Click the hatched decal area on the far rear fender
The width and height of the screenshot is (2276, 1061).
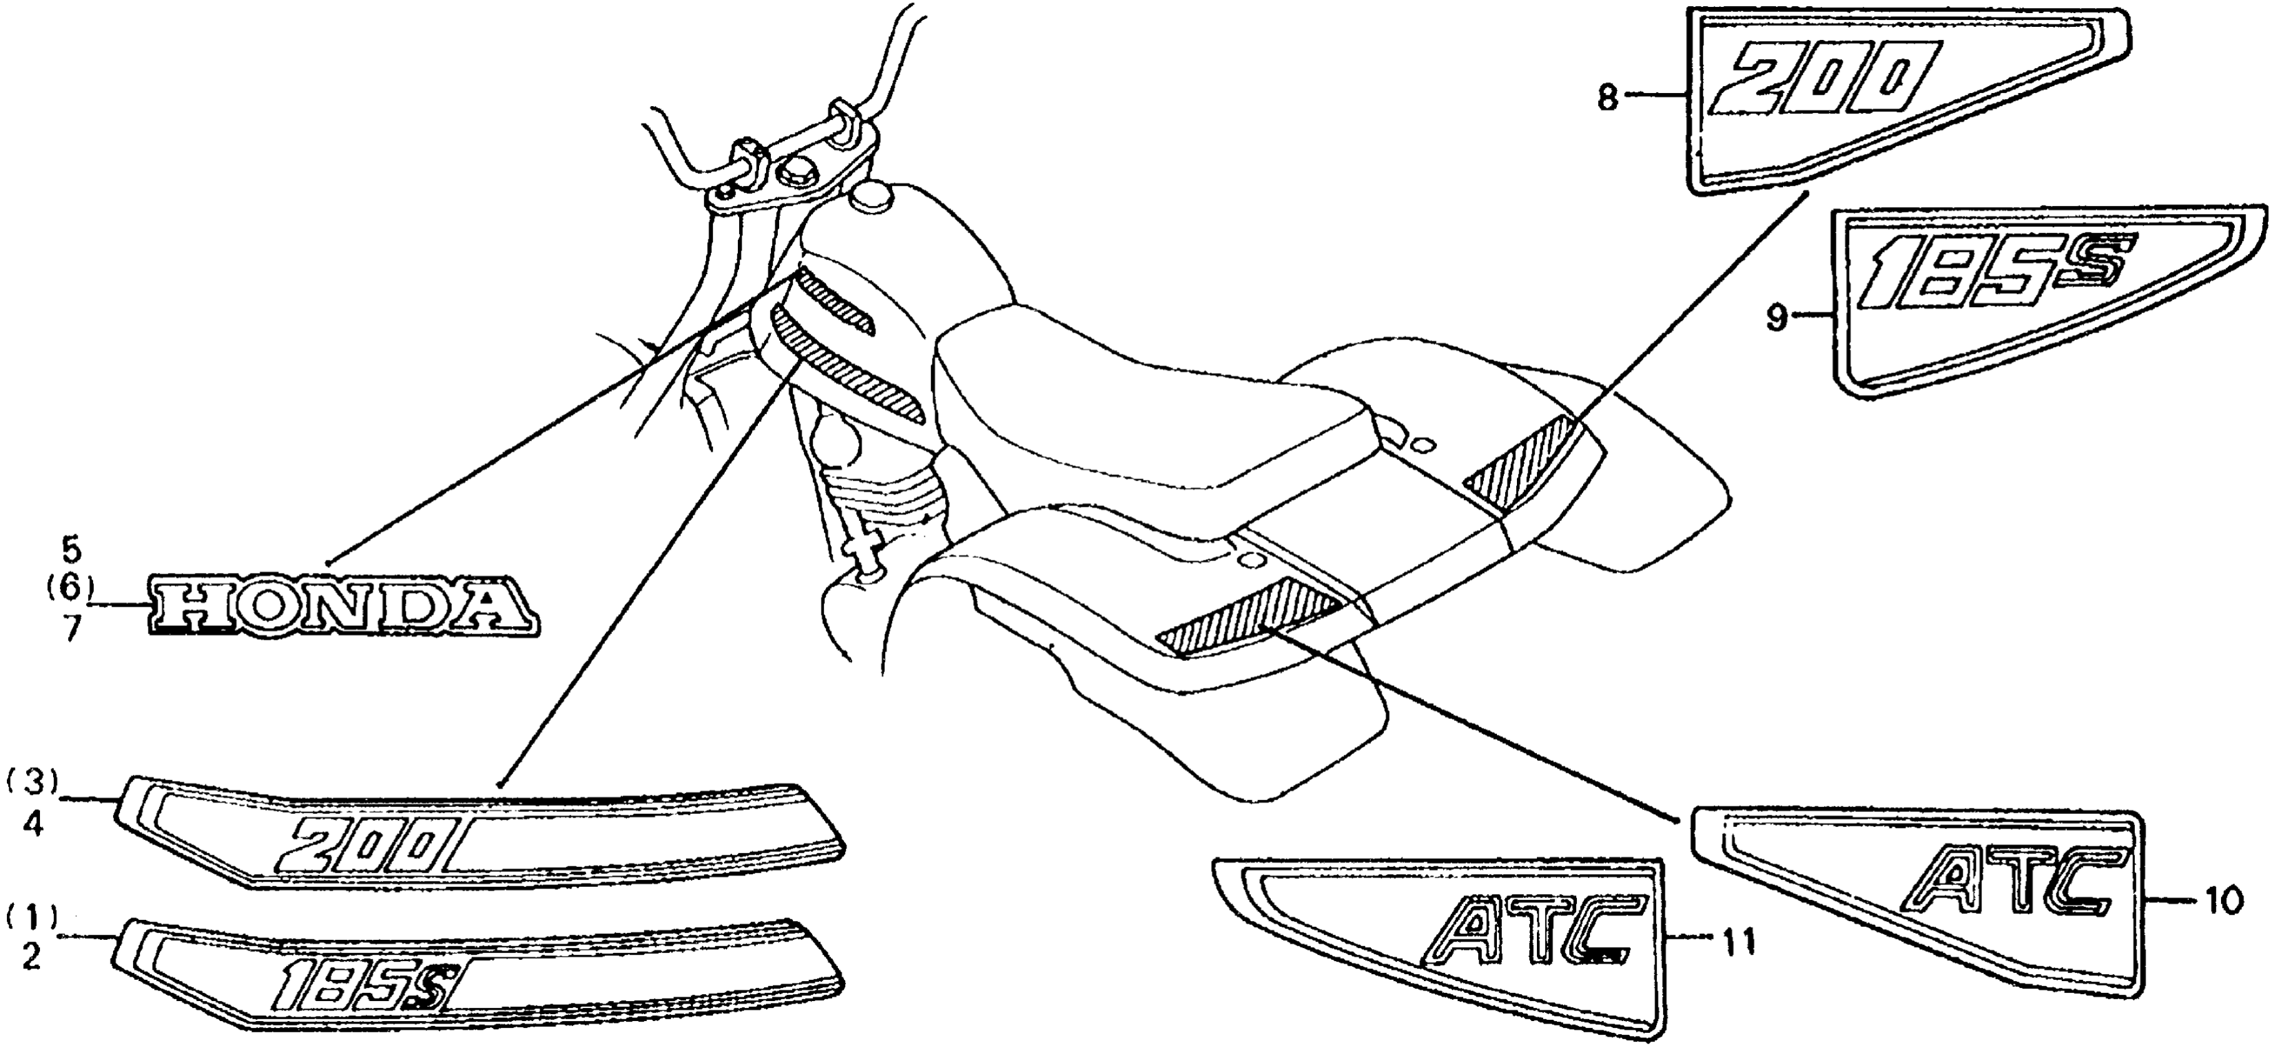point(1519,464)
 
